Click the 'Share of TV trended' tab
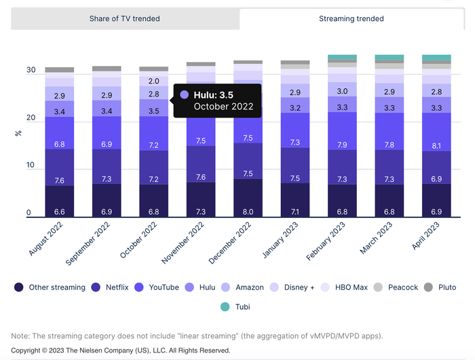tap(125, 18)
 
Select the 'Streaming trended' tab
tap(351, 18)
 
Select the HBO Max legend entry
tap(344, 287)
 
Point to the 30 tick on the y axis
tap(31, 70)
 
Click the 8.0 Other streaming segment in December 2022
tap(248, 212)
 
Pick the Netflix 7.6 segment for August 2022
tap(60, 181)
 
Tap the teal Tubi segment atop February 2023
tap(343, 57)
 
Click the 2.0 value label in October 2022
tap(153, 81)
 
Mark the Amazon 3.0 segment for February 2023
tap(343, 91)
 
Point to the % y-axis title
tap(18, 133)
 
